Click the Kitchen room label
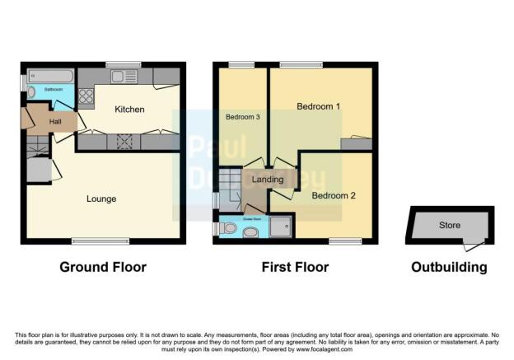(x=129, y=109)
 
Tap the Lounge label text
(x=101, y=199)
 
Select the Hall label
(x=55, y=122)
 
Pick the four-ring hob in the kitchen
(x=86, y=96)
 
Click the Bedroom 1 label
(x=319, y=106)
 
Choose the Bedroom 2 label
(x=333, y=195)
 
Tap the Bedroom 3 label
(x=243, y=117)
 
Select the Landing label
(x=268, y=179)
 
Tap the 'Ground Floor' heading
(x=103, y=267)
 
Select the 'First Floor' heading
(x=295, y=267)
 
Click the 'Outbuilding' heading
(x=450, y=267)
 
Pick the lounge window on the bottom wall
(x=89, y=241)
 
